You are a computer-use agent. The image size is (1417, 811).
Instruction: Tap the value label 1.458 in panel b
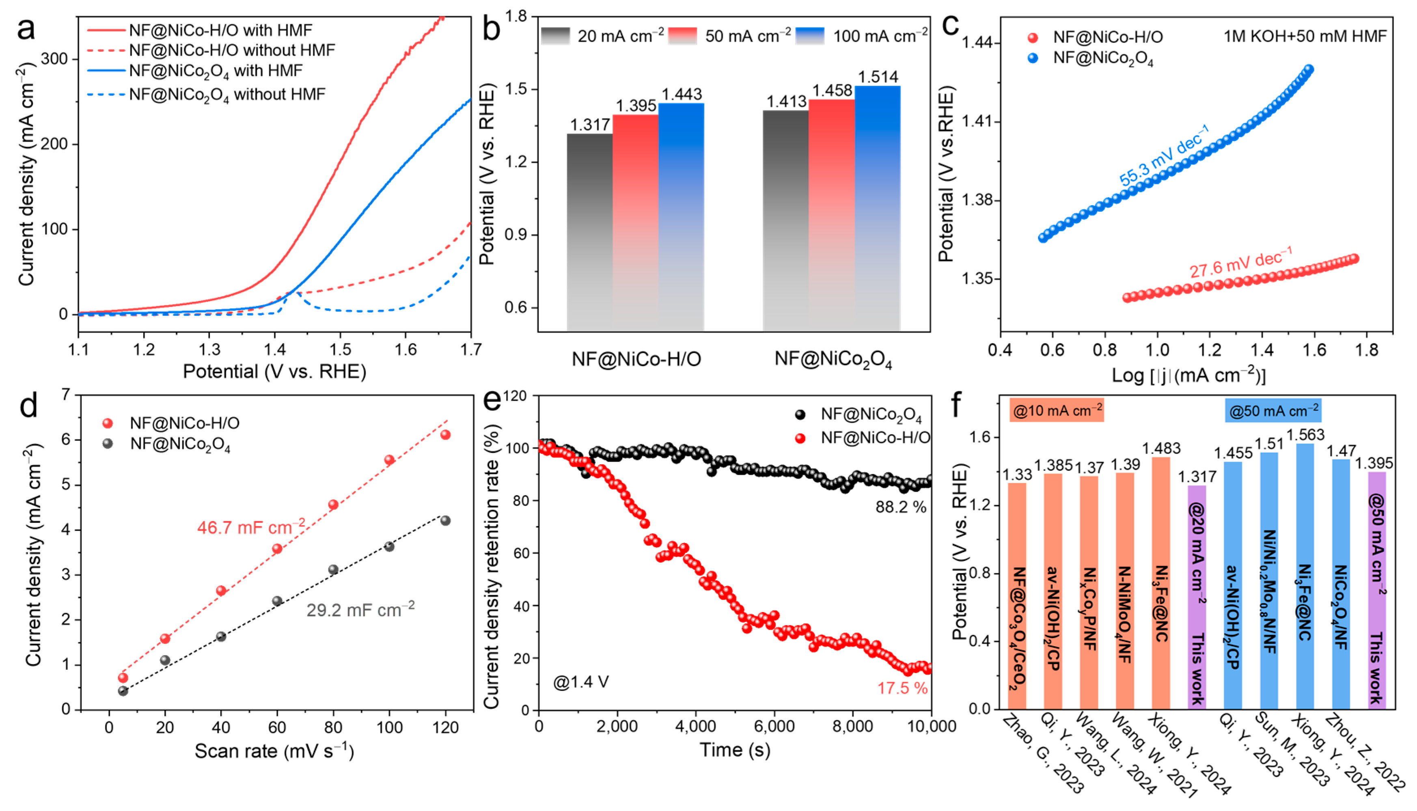click(832, 90)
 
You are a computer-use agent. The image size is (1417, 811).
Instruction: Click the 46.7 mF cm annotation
click(251, 526)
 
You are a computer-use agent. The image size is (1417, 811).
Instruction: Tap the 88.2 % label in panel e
click(901, 507)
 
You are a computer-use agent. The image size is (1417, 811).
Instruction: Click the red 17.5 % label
click(902, 688)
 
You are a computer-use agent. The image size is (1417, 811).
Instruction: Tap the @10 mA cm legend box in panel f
click(1057, 411)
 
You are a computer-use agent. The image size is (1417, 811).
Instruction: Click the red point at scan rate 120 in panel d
click(445, 434)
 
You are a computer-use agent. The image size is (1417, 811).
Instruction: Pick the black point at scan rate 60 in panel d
click(277, 601)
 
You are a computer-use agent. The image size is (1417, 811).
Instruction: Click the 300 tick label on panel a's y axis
click(54, 58)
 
